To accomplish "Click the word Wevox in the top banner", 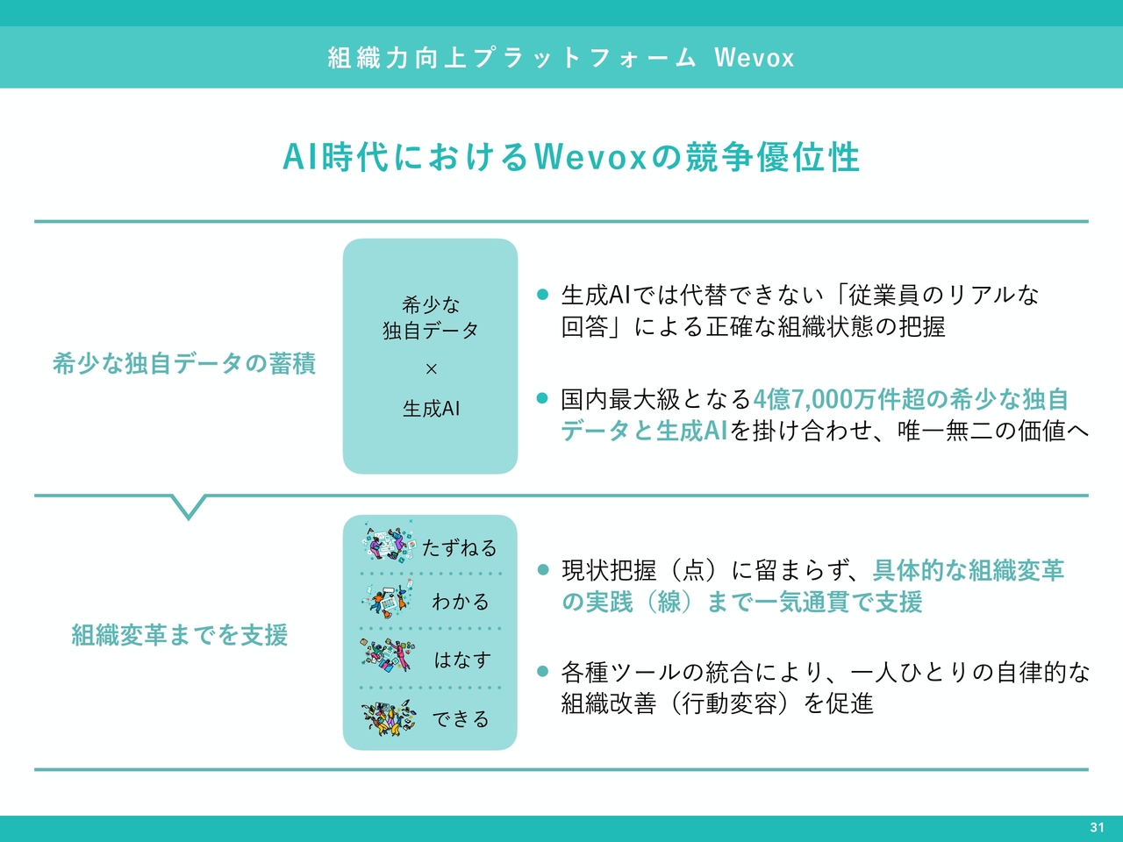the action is [755, 57].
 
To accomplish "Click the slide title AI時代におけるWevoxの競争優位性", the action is [571, 157].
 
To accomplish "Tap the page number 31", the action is [1097, 827].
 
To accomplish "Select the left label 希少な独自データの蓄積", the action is [184, 364].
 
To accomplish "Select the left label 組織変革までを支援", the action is [180, 636].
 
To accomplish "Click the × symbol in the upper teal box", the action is [432, 369].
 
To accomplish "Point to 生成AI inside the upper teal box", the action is [432, 409].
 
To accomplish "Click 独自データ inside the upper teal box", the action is [431, 331].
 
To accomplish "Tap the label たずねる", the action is [460, 548].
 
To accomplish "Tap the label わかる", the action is [461, 602].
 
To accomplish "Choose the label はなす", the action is [462, 660].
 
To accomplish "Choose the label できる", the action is [461, 719].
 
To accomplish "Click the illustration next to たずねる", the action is [390, 542].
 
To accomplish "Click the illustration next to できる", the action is [389, 717].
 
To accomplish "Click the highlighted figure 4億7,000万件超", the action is [839, 399].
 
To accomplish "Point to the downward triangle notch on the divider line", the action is [189, 507].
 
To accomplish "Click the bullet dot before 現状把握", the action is [543, 569].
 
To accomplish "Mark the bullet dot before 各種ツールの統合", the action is [543, 671].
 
